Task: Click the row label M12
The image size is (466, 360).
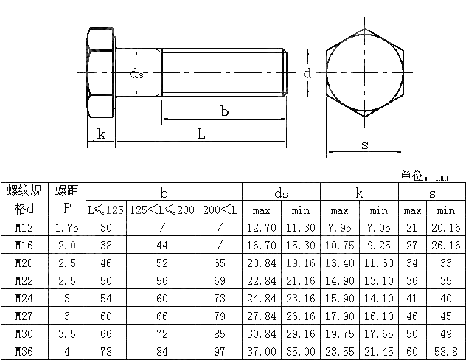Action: coord(24,229)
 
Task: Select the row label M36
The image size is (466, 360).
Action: coord(24,353)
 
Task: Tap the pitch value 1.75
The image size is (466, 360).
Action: coord(66,229)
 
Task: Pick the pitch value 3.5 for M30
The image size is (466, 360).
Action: coord(66,335)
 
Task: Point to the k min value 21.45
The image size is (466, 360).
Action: coord(378,353)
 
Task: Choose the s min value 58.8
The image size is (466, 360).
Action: coord(448,353)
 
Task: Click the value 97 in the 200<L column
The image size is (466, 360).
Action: coord(220,353)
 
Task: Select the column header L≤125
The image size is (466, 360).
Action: coord(106,210)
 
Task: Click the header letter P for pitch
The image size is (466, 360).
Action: coord(66,210)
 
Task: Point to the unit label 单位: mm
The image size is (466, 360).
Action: coord(425,176)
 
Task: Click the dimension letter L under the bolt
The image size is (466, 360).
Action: coord(201,134)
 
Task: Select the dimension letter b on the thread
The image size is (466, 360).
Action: coord(223,111)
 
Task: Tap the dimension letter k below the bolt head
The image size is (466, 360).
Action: coord(101,134)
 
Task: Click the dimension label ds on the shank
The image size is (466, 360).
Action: coord(136,74)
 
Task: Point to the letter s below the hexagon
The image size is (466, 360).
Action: coord(365,145)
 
